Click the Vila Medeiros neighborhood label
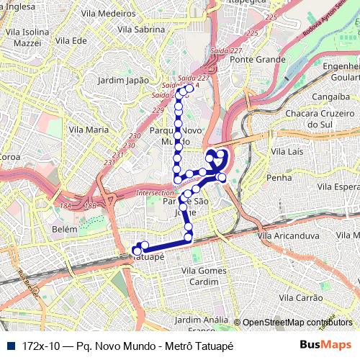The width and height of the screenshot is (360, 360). [x=108, y=13]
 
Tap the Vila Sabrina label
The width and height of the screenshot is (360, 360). [x=140, y=30]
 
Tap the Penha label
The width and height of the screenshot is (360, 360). [x=279, y=177]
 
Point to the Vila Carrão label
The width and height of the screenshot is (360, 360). [x=301, y=297]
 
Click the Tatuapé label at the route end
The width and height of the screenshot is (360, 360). [x=151, y=256]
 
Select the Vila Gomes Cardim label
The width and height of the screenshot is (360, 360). [x=204, y=276]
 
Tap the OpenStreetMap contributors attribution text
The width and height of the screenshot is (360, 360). [x=297, y=323]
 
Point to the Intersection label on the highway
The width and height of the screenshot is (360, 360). [x=156, y=193]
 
